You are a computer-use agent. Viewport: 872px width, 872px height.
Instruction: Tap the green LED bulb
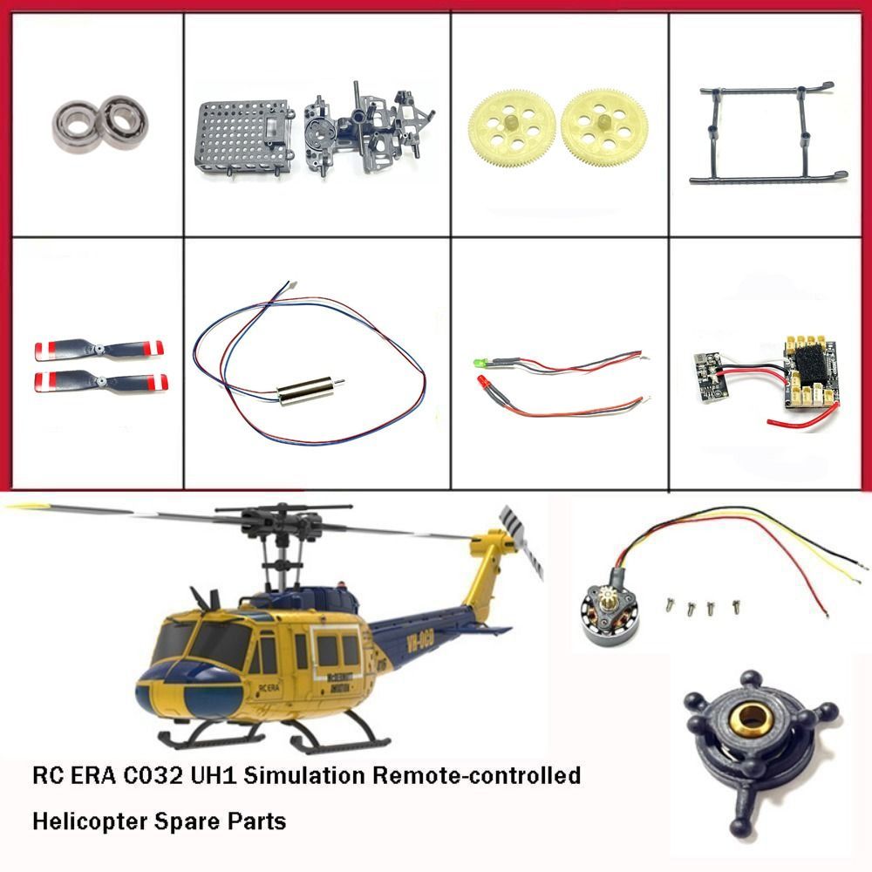click(479, 363)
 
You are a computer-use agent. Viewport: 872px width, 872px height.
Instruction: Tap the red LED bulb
click(482, 382)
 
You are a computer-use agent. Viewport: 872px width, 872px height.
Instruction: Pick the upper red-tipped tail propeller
click(99, 350)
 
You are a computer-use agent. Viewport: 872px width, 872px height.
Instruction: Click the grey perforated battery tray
click(243, 138)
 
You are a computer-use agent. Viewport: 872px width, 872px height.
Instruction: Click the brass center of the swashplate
click(753, 718)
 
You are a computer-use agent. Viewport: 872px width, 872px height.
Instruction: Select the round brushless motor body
click(608, 618)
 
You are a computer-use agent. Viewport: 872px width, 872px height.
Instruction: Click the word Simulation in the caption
click(304, 774)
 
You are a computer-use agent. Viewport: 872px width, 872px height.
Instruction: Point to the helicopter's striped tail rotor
click(521, 542)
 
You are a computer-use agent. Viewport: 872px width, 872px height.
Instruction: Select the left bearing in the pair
click(75, 126)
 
